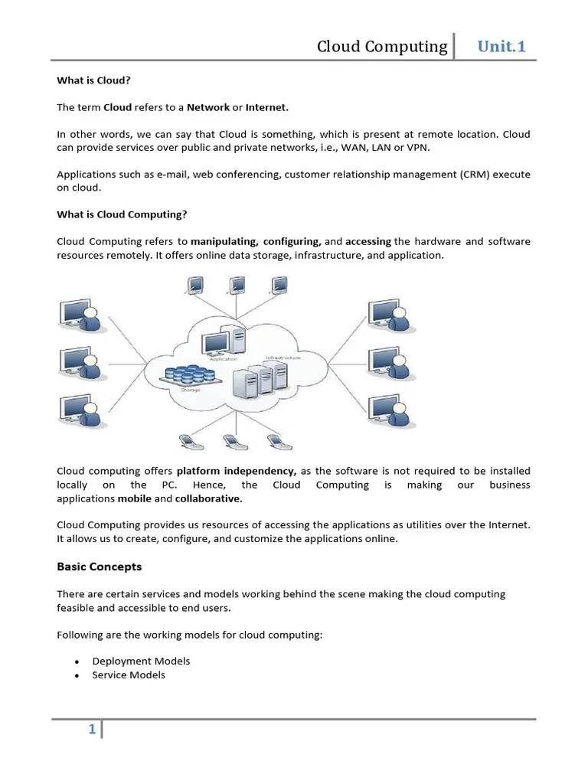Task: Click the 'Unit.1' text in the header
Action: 501,47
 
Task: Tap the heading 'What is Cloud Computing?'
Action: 122,214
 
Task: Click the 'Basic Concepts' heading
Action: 100,567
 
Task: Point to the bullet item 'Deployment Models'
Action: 141,661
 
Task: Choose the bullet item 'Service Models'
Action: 129,675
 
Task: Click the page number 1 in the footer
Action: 92,730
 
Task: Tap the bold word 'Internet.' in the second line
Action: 267,107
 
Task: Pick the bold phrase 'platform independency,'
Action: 237,471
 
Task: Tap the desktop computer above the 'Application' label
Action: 229,340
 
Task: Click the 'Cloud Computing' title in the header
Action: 382,47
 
